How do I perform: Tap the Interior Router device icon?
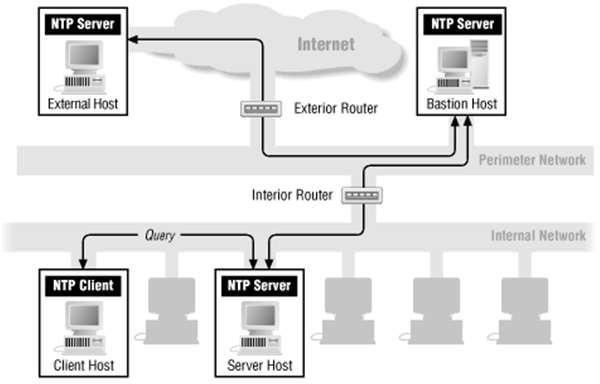356,196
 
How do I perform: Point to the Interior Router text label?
291,194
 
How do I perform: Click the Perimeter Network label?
532,160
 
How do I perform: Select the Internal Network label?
538,236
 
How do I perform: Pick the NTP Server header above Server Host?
256,287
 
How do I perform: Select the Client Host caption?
82,367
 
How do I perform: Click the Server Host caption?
256,367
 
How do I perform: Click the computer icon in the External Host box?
81,63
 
